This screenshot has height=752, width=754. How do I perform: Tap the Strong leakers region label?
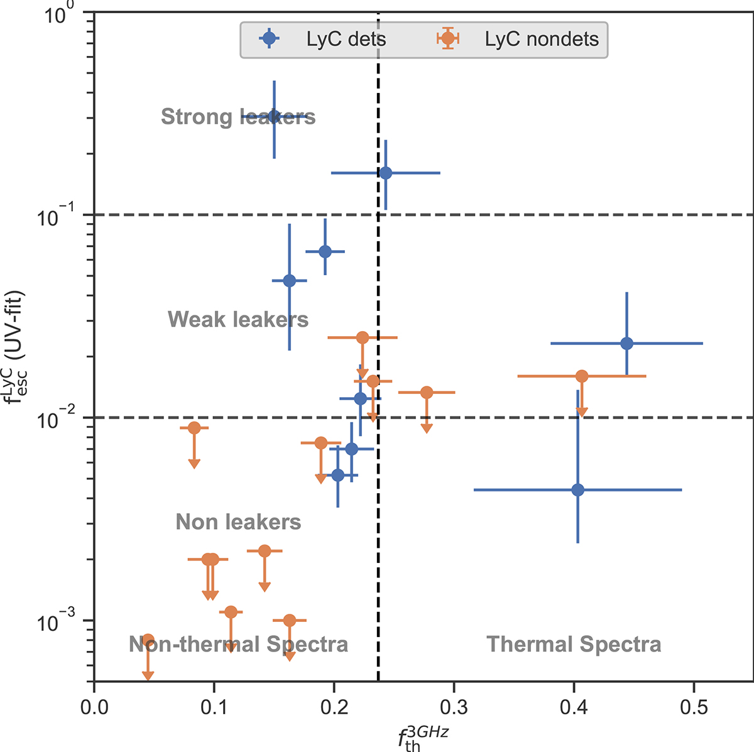pyautogui.click(x=238, y=117)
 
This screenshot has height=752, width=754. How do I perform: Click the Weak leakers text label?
pyautogui.click(x=238, y=320)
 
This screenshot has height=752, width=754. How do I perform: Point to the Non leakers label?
pyautogui.click(x=238, y=522)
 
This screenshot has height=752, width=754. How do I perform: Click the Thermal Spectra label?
pyautogui.click(x=574, y=644)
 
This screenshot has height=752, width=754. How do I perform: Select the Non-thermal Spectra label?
pyautogui.click(x=238, y=644)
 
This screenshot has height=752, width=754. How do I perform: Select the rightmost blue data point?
pyautogui.click(x=626, y=344)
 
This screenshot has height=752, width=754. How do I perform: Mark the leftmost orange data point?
pyautogui.click(x=148, y=640)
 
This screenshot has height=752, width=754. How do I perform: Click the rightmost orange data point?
pyautogui.click(x=582, y=376)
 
